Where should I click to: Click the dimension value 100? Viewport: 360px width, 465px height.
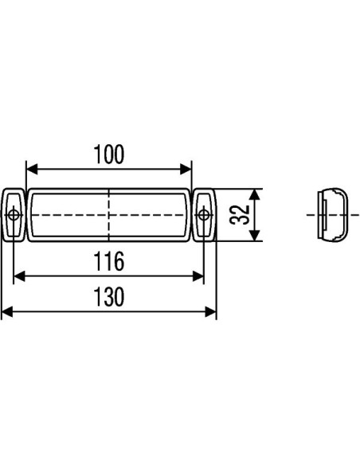[x=109, y=154]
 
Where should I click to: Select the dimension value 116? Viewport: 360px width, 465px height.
[x=109, y=260]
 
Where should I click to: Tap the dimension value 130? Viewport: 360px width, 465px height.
[x=109, y=298]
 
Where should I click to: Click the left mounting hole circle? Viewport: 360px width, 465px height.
[x=14, y=214]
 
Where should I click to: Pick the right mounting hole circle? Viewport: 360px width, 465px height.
[x=205, y=214]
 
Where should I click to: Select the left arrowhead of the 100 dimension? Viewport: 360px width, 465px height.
[x=32, y=169]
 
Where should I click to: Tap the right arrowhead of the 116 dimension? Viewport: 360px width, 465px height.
[x=199, y=275]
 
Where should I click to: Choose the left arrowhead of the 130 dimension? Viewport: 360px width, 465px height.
[x=6, y=312]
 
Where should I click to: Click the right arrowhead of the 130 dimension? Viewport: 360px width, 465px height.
[x=212, y=312]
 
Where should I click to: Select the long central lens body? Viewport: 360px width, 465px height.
[x=72, y=214]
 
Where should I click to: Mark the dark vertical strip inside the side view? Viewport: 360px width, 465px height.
[x=323, y=214]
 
